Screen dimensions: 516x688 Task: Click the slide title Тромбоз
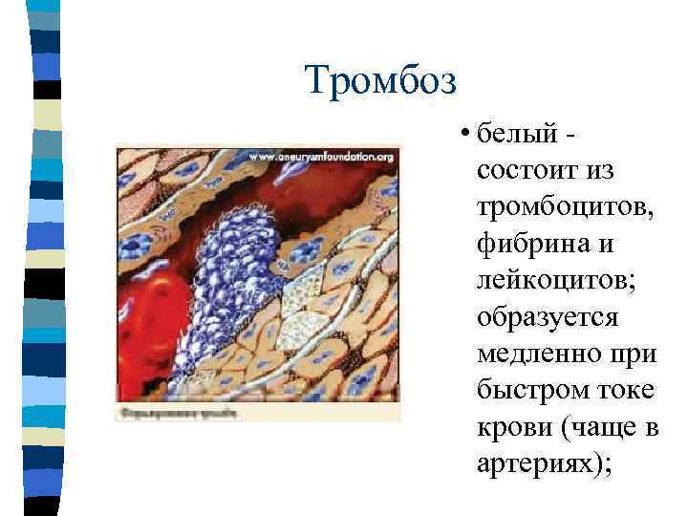click(382, 79)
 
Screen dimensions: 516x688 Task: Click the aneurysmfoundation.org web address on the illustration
click(323, 156)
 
